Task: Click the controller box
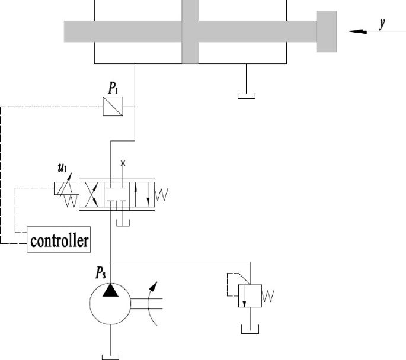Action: [60, 240]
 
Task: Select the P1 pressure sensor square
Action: [113, 106]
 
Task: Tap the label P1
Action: [113, 88]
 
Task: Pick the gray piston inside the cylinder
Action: [190, 31]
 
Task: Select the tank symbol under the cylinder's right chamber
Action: [246, 95]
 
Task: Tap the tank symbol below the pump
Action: [111, 356]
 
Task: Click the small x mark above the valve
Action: [123, 162]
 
